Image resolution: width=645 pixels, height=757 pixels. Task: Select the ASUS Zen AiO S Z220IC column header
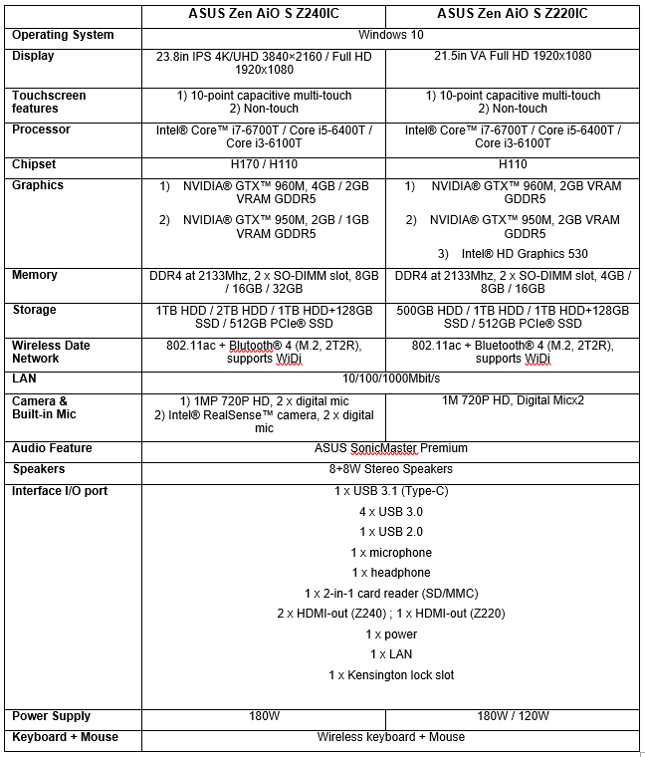point(513,14)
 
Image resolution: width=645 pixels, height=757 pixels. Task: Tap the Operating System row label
point(63,35)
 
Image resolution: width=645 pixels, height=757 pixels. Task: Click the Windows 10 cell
point(391,35)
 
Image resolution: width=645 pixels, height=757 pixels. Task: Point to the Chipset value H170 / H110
point(264,164)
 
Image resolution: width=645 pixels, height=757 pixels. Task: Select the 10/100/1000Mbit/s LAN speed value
point(391,378)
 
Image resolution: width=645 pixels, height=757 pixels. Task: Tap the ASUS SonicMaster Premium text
point(391,448)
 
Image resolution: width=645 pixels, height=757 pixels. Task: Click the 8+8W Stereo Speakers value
point(391,469)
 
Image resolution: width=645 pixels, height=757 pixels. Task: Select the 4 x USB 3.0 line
point(391,511)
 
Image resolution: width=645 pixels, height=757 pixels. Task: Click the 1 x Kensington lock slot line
point(391,675)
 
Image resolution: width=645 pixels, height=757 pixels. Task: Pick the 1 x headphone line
point(391,573)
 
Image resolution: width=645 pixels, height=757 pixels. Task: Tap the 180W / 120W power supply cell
point(514,716)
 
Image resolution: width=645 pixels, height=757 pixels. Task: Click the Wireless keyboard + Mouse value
point(391,737)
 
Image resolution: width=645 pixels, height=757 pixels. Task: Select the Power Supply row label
point(51,716)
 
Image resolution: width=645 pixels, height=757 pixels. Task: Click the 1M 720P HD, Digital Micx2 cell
point(514,400)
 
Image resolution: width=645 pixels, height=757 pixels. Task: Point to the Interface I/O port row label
point(60,491)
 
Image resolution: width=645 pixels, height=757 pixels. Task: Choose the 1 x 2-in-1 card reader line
point(391,594)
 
